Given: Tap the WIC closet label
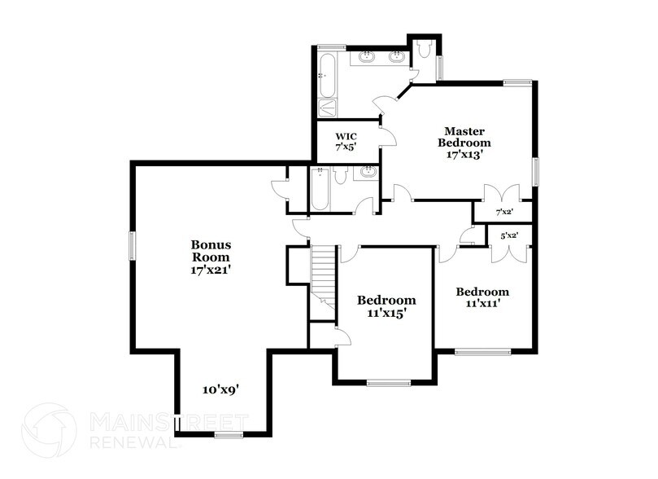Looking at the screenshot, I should pos(346,142).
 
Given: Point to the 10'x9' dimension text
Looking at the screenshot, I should pos(220,389).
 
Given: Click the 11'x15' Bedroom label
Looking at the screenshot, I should pos(387,305).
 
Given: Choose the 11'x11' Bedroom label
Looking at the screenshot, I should pos(482,297).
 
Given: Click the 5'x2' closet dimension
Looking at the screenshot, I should pos(510,236).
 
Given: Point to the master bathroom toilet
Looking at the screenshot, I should pos(424,53).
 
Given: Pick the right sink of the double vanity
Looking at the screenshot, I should pos(398,57).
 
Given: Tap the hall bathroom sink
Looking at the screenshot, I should pos(368,173).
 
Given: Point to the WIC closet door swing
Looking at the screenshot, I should pos(388,136).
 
